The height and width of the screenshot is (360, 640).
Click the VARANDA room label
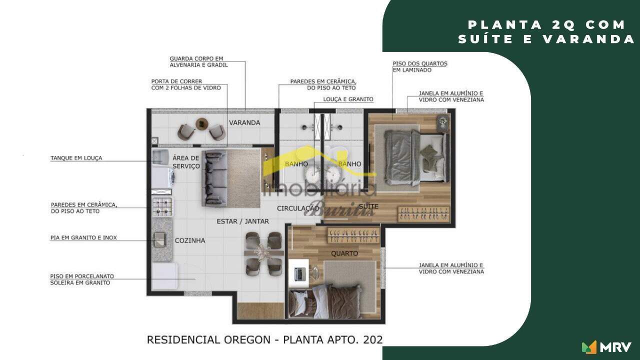(x=244, y=122)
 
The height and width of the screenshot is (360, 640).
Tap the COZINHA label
(x=190, y=240)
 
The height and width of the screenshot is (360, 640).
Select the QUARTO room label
(x=344, y=253)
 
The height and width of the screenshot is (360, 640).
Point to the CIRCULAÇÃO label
(x=298, y=208)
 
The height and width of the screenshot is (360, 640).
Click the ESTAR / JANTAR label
(x=243, y=221)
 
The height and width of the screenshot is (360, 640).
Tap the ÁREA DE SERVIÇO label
(x=186, y=162)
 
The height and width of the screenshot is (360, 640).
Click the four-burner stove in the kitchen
(x=162, y=207)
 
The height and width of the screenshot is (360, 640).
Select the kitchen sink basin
(x=159, y=239)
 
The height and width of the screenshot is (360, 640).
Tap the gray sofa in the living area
(x=214, y=178)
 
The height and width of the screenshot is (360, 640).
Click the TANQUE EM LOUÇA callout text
(x=76, y=158)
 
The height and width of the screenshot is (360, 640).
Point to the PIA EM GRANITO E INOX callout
(x=83, y=237)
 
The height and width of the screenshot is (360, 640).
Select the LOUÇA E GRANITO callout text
(x=348, y=99)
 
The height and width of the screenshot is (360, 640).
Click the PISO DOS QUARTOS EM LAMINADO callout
(x=420, y=66)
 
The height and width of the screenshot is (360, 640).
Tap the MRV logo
(x=606, y=347)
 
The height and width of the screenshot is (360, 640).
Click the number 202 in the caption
(x=373, y=339)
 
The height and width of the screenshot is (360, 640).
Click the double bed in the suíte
(x=415, y=157)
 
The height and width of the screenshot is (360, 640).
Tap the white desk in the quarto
(x=298, y=273)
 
